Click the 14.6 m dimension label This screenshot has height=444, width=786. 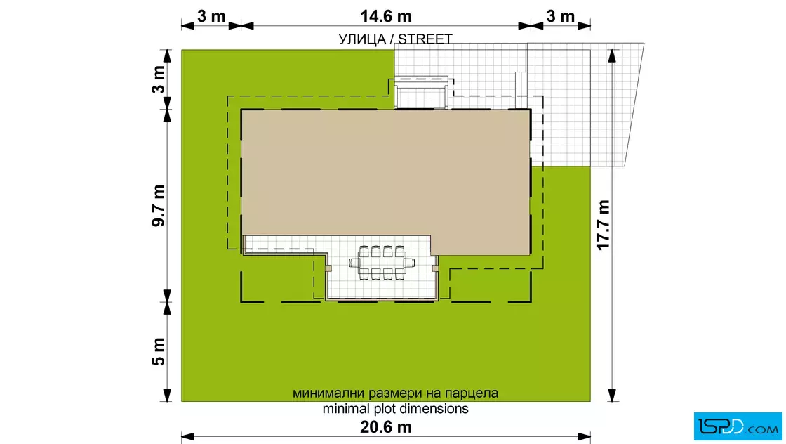tap(386, 16)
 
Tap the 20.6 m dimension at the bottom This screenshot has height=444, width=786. tap(386, 427)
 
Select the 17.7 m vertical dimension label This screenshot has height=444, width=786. tap(603, 225)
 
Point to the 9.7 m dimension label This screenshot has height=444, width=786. tap(159, 206)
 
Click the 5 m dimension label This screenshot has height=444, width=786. tap(159, 352)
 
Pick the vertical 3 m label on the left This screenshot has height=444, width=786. tap(159, 79)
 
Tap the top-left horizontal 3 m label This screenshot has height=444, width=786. tap(211, 16)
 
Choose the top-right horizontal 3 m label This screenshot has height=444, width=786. tap(561, 16)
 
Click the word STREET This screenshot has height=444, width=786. tap(425, 39)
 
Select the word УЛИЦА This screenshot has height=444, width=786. tap(362, 39)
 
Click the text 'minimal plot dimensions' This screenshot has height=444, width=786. tap(396, 408)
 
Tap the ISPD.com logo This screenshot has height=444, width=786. tap(738, 426)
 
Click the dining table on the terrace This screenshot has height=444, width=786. tap(382, 262)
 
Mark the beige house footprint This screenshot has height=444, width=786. tap(385, 178)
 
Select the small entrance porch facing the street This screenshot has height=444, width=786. tap(421, 93)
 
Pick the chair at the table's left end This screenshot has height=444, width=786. tap(354, 262)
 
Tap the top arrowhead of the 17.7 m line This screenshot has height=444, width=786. tap(612, 55)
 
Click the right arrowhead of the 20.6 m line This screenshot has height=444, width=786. tap(584, 436)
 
